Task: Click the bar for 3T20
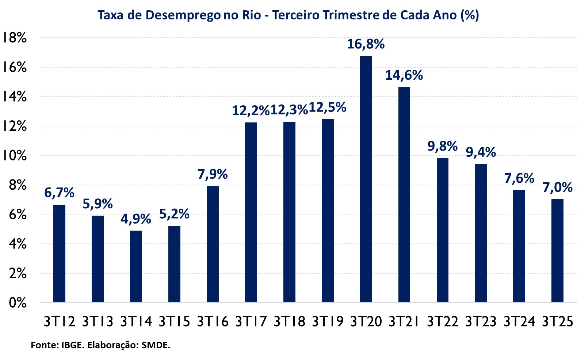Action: pyautogui.click(x=366, y=179)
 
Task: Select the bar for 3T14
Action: pyautogui.click(x=136, y=266)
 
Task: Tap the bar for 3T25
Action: pyautogui.click(x=557, y=251)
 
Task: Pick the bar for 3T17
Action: pyautogui.click(x=251, y=212)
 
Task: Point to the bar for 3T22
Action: pyautogui.click(x=443, y=230)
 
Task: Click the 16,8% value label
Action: pyautogui.click(x=366, y=44)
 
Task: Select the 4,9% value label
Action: pyautogui.click(x=136, y=219)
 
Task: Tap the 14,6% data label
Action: pyautogui.click(x=404, y=75)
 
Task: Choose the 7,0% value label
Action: pyautogui.click(x=557, y=187)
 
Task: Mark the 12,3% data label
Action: pyautogui.click(x=289, y=110)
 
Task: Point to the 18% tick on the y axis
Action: pyautogui.click(x=15, y=38)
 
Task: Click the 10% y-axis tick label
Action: pyautogui.click(x=15, y=156)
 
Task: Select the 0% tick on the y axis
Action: pyautogui.click(x=18, y=303)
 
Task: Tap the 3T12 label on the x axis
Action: pyautogui.click(x=59, y=322)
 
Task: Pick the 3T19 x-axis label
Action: pyautogui.click(x=328, y=322)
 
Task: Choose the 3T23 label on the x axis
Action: pyautogui.click(x=481, y=322)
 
